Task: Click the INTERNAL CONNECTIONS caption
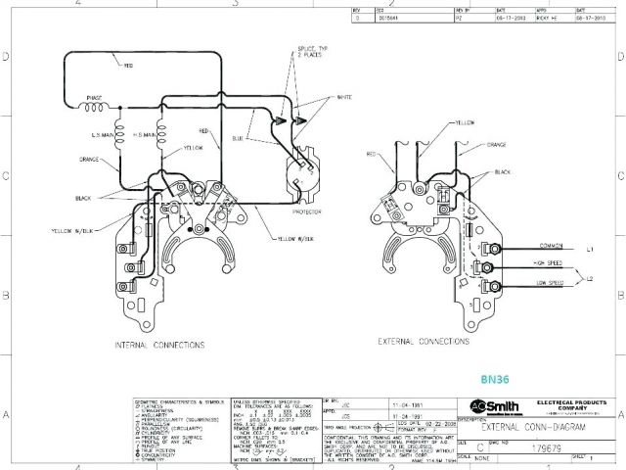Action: tap(159, 345)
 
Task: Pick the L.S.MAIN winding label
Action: tap(105, 134)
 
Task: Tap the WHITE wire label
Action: tap(344, 97)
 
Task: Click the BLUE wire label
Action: tap(264, 138)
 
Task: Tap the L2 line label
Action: tap(590, 279)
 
